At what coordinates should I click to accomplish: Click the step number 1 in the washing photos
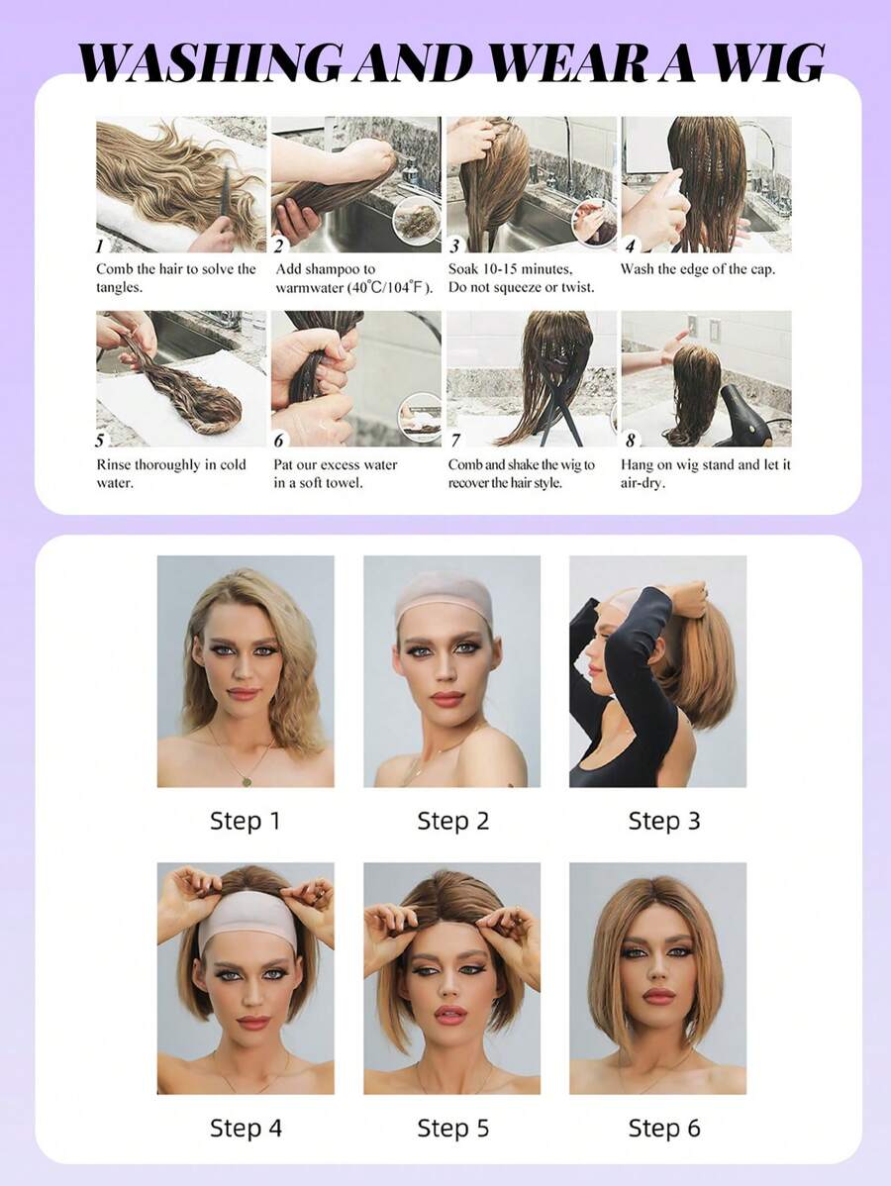(x=100, y=246)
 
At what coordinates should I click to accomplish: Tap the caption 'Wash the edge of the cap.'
(x=697, y=269)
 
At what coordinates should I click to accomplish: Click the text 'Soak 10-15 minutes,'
(x=510, y=269)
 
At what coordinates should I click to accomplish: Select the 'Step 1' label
(x=245, y=821)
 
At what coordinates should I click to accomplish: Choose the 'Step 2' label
(x=452, y=821)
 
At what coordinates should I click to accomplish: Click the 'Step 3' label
(x=663, y=821)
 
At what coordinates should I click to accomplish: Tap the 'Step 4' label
(x=245, y=1128)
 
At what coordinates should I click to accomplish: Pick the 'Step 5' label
(x=452, y=1128)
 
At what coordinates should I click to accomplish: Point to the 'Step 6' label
(x=663, y=1128)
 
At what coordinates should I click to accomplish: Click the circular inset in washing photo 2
(x=417, y=220)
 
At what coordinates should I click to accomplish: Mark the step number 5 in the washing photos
(x=100, y=441)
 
